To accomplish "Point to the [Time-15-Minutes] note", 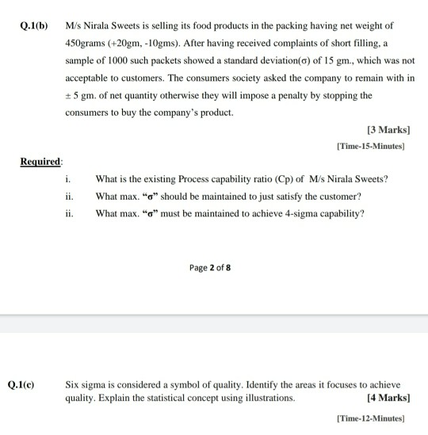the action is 371,146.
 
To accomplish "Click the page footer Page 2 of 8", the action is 211,268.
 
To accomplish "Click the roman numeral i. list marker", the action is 68,178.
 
